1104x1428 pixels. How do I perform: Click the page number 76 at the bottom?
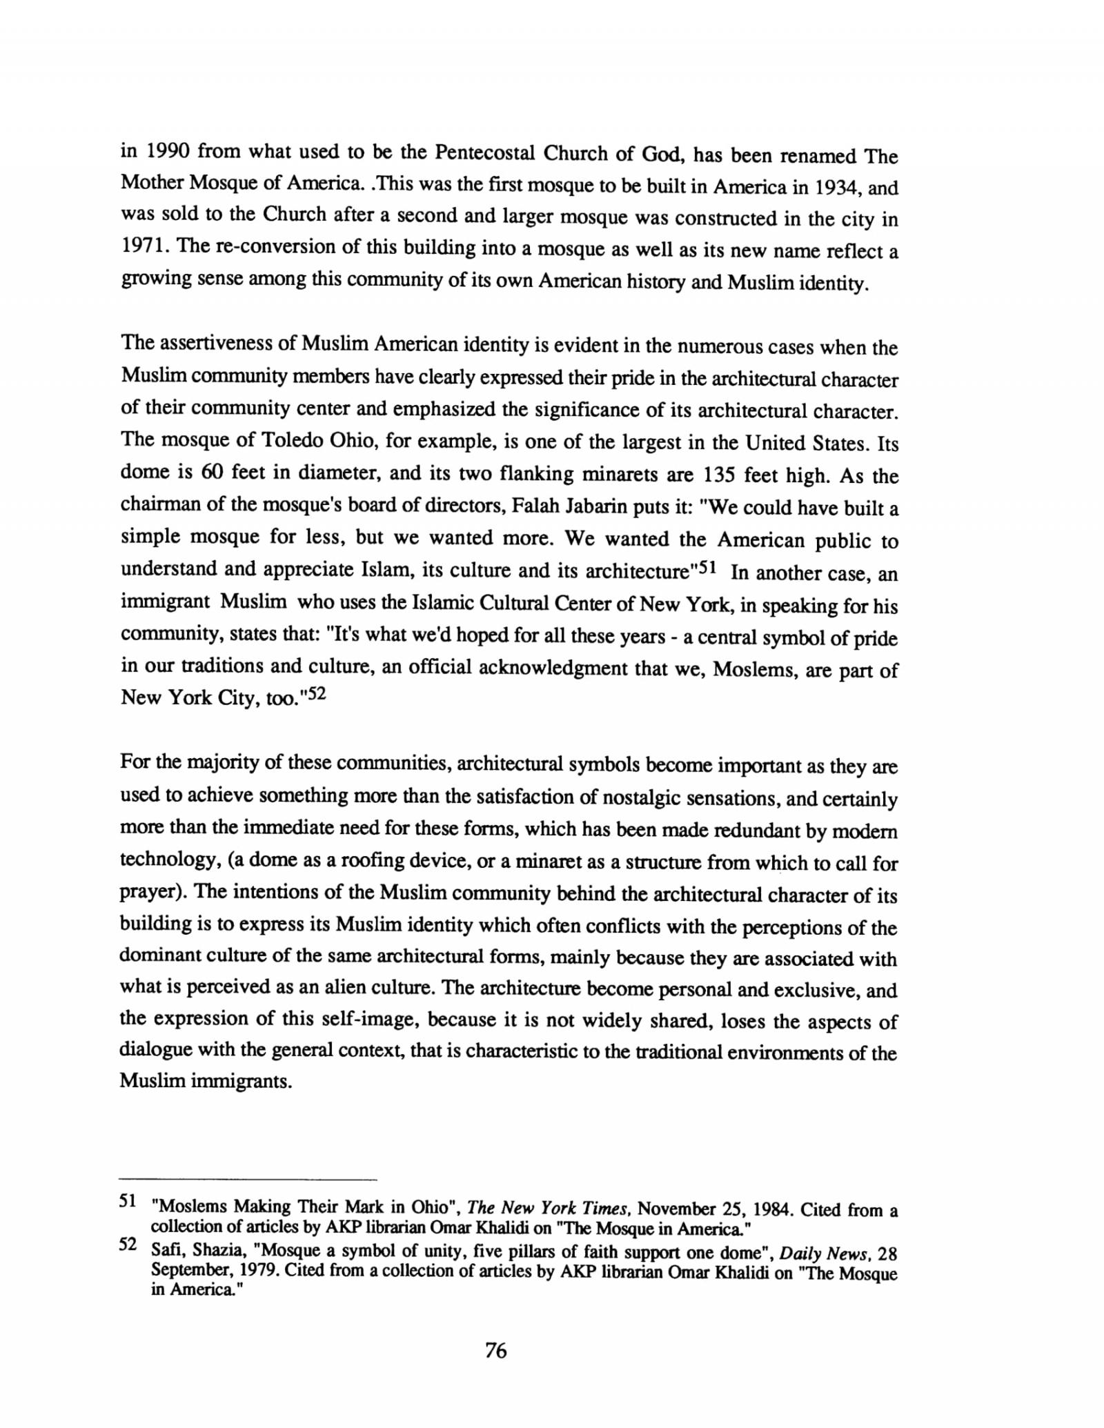pos(495,1350)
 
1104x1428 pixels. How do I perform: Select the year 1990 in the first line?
pos(161,152)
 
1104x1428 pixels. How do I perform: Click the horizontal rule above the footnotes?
pos(248,1178)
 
